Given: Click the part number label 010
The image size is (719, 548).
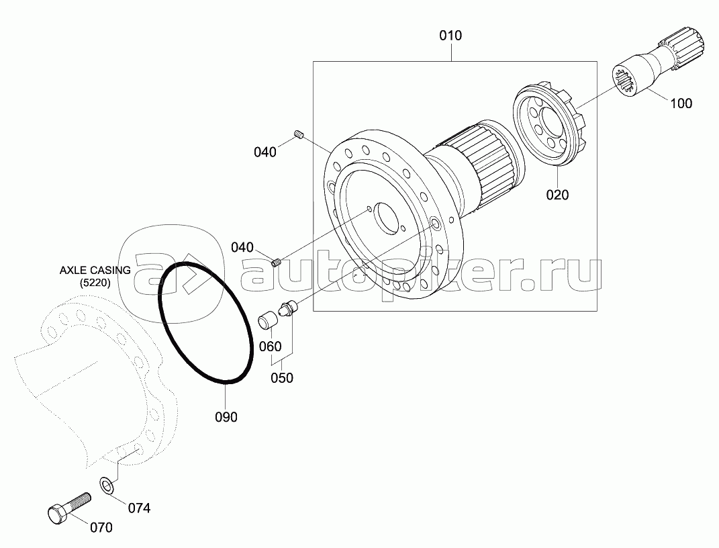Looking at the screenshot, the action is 450,36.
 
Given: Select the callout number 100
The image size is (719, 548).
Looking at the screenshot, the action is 681,103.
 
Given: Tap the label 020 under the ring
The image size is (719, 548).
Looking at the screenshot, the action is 557,195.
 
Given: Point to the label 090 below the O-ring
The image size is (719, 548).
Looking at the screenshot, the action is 226,417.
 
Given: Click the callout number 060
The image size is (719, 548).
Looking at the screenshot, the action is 270,347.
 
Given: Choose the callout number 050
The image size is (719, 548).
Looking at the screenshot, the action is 281,378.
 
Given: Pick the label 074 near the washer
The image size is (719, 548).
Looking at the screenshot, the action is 139,508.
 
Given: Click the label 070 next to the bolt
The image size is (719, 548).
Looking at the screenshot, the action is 101,528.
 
